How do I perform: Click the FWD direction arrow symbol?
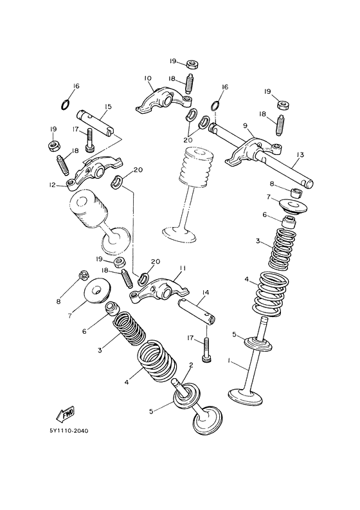[64, 412]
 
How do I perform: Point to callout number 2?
[191, 365]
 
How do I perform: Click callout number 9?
[245, 127]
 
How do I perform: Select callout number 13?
[300, 154]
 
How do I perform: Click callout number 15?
[107, 107]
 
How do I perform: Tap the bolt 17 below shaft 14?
[206, 351]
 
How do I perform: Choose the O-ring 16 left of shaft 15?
[64, 105]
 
